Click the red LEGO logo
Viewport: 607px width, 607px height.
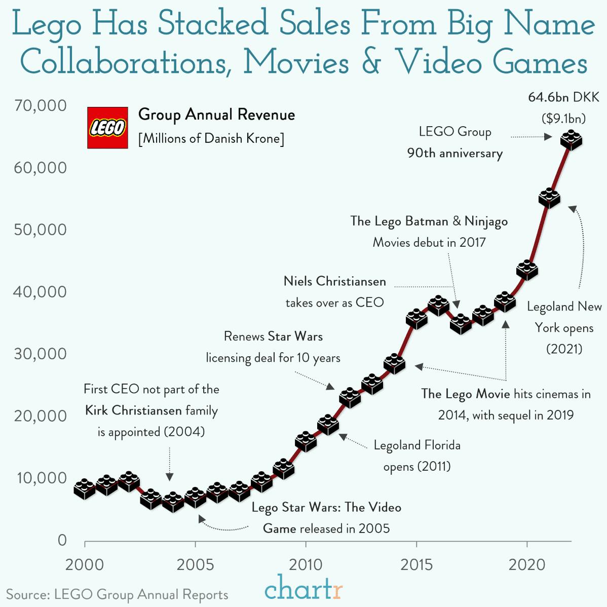click(107, 128)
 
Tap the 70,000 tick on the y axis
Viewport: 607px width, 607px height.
click(41, 105)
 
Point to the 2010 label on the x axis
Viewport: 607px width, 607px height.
click(306, 564)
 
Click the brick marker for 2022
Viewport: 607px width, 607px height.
click(571, 140)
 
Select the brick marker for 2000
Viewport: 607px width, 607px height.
click(85, 488)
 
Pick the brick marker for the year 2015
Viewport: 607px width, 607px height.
click(416, 319)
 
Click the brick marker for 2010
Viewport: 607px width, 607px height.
click(306, 442)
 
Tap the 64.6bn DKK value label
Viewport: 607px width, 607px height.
click(563, 97)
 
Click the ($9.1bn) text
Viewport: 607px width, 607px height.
click(563, 119)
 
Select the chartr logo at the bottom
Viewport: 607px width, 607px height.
click(303, 588)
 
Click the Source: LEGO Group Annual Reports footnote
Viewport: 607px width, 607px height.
click(117, 594)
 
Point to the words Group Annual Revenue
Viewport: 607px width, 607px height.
click(216, 115)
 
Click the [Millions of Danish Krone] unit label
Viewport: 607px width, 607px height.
click(211, 138)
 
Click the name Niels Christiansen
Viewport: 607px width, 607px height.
click(334, 281)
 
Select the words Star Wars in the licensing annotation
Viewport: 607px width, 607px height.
click(295, 336)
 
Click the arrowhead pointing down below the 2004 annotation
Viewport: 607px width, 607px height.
click(170, 476)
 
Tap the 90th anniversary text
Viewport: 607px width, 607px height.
click(454, 153)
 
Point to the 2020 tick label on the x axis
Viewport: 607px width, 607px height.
click(527, 564)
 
